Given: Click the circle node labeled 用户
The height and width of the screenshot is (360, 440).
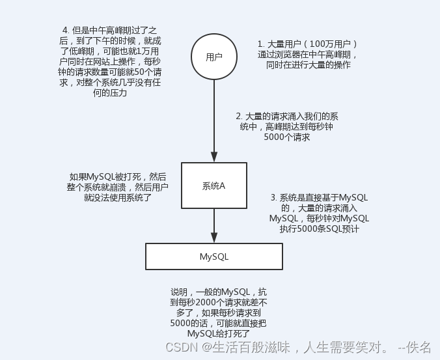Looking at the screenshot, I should tap(213, 57).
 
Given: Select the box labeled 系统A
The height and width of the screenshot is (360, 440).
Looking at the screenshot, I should tap(213, 186).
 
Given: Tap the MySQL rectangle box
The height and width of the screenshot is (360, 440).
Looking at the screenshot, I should tap(213, 256).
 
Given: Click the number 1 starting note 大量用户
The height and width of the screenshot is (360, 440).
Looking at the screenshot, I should tap(260, 44).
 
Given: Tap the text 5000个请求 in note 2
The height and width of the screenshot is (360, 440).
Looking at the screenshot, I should tap(286, 137).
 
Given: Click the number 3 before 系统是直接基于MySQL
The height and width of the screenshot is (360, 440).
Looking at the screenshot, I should tap(273, 197).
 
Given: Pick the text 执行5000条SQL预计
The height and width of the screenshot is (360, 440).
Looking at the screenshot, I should tap(319, 229).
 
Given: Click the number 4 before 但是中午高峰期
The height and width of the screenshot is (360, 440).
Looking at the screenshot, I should tap(64, 30).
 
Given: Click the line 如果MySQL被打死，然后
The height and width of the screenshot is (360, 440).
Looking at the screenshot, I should tap(118, 176).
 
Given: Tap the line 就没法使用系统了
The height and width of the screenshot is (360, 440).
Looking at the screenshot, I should tap(117, 197).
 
